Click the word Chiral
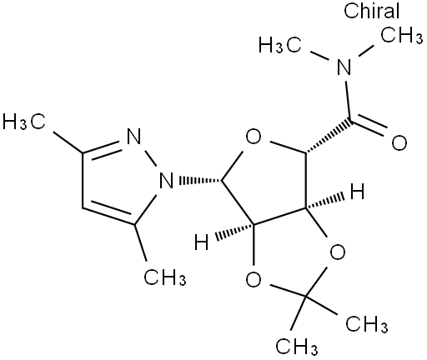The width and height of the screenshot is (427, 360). (x=371, y=11)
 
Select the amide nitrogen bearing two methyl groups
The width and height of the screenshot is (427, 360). (x=344, y=67)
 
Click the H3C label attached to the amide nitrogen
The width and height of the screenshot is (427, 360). (x=280, y=45)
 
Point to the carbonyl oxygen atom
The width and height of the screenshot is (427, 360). (x=399, y=143)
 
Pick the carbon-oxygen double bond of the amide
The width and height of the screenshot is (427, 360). (x=368, y=127)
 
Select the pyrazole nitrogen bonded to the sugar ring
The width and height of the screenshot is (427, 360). (x=166, y=180)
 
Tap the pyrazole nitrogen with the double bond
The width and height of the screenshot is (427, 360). (x=133, y=136)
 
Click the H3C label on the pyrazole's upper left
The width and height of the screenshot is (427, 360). (x=24, y=122)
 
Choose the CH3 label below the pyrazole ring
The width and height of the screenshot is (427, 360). (x=165, y=277)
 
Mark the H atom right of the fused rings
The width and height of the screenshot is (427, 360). (x=357, y=192)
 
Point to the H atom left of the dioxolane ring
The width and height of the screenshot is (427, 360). (x=202, y=242)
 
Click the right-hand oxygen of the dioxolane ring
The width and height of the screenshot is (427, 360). (x=338, y=252)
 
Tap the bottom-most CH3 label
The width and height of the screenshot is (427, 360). (x=297, y=347)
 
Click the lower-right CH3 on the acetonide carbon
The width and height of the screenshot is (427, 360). (x=367, y=324)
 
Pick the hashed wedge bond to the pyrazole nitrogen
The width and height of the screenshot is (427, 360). (x=200, y=180)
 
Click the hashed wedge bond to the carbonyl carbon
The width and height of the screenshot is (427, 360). (x=328, y=136)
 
